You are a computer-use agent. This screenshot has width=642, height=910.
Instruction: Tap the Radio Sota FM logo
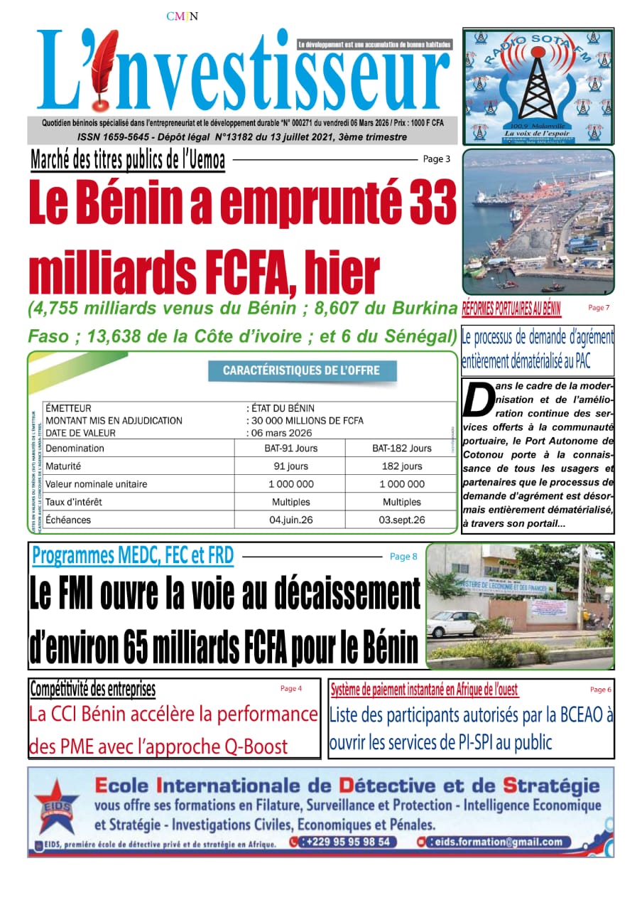point(538,85)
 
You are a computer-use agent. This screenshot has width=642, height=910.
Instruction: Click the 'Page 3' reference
point(436,159)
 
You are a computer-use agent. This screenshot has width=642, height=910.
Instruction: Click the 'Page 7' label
point(599,308)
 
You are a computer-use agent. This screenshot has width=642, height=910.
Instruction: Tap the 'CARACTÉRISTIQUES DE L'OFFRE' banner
point(301,370)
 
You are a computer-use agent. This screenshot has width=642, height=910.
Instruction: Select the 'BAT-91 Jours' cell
point(295,449)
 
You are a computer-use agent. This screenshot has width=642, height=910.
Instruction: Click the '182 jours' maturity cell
point(401,466)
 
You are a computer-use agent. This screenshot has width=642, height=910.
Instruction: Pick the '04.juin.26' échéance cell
point(291,520)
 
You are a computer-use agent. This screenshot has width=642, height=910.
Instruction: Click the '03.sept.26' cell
point(402,520)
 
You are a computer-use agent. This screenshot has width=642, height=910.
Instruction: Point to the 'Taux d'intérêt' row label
point(74,502)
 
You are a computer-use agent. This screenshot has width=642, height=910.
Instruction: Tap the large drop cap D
point(477,402)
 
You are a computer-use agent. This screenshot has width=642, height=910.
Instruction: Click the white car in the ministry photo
point(455,624)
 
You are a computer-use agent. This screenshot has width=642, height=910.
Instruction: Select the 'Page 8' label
point(403,557)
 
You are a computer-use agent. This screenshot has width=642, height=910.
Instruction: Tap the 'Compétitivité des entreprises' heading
point(92,689)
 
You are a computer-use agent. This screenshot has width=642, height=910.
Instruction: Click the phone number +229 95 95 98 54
point(345,842)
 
